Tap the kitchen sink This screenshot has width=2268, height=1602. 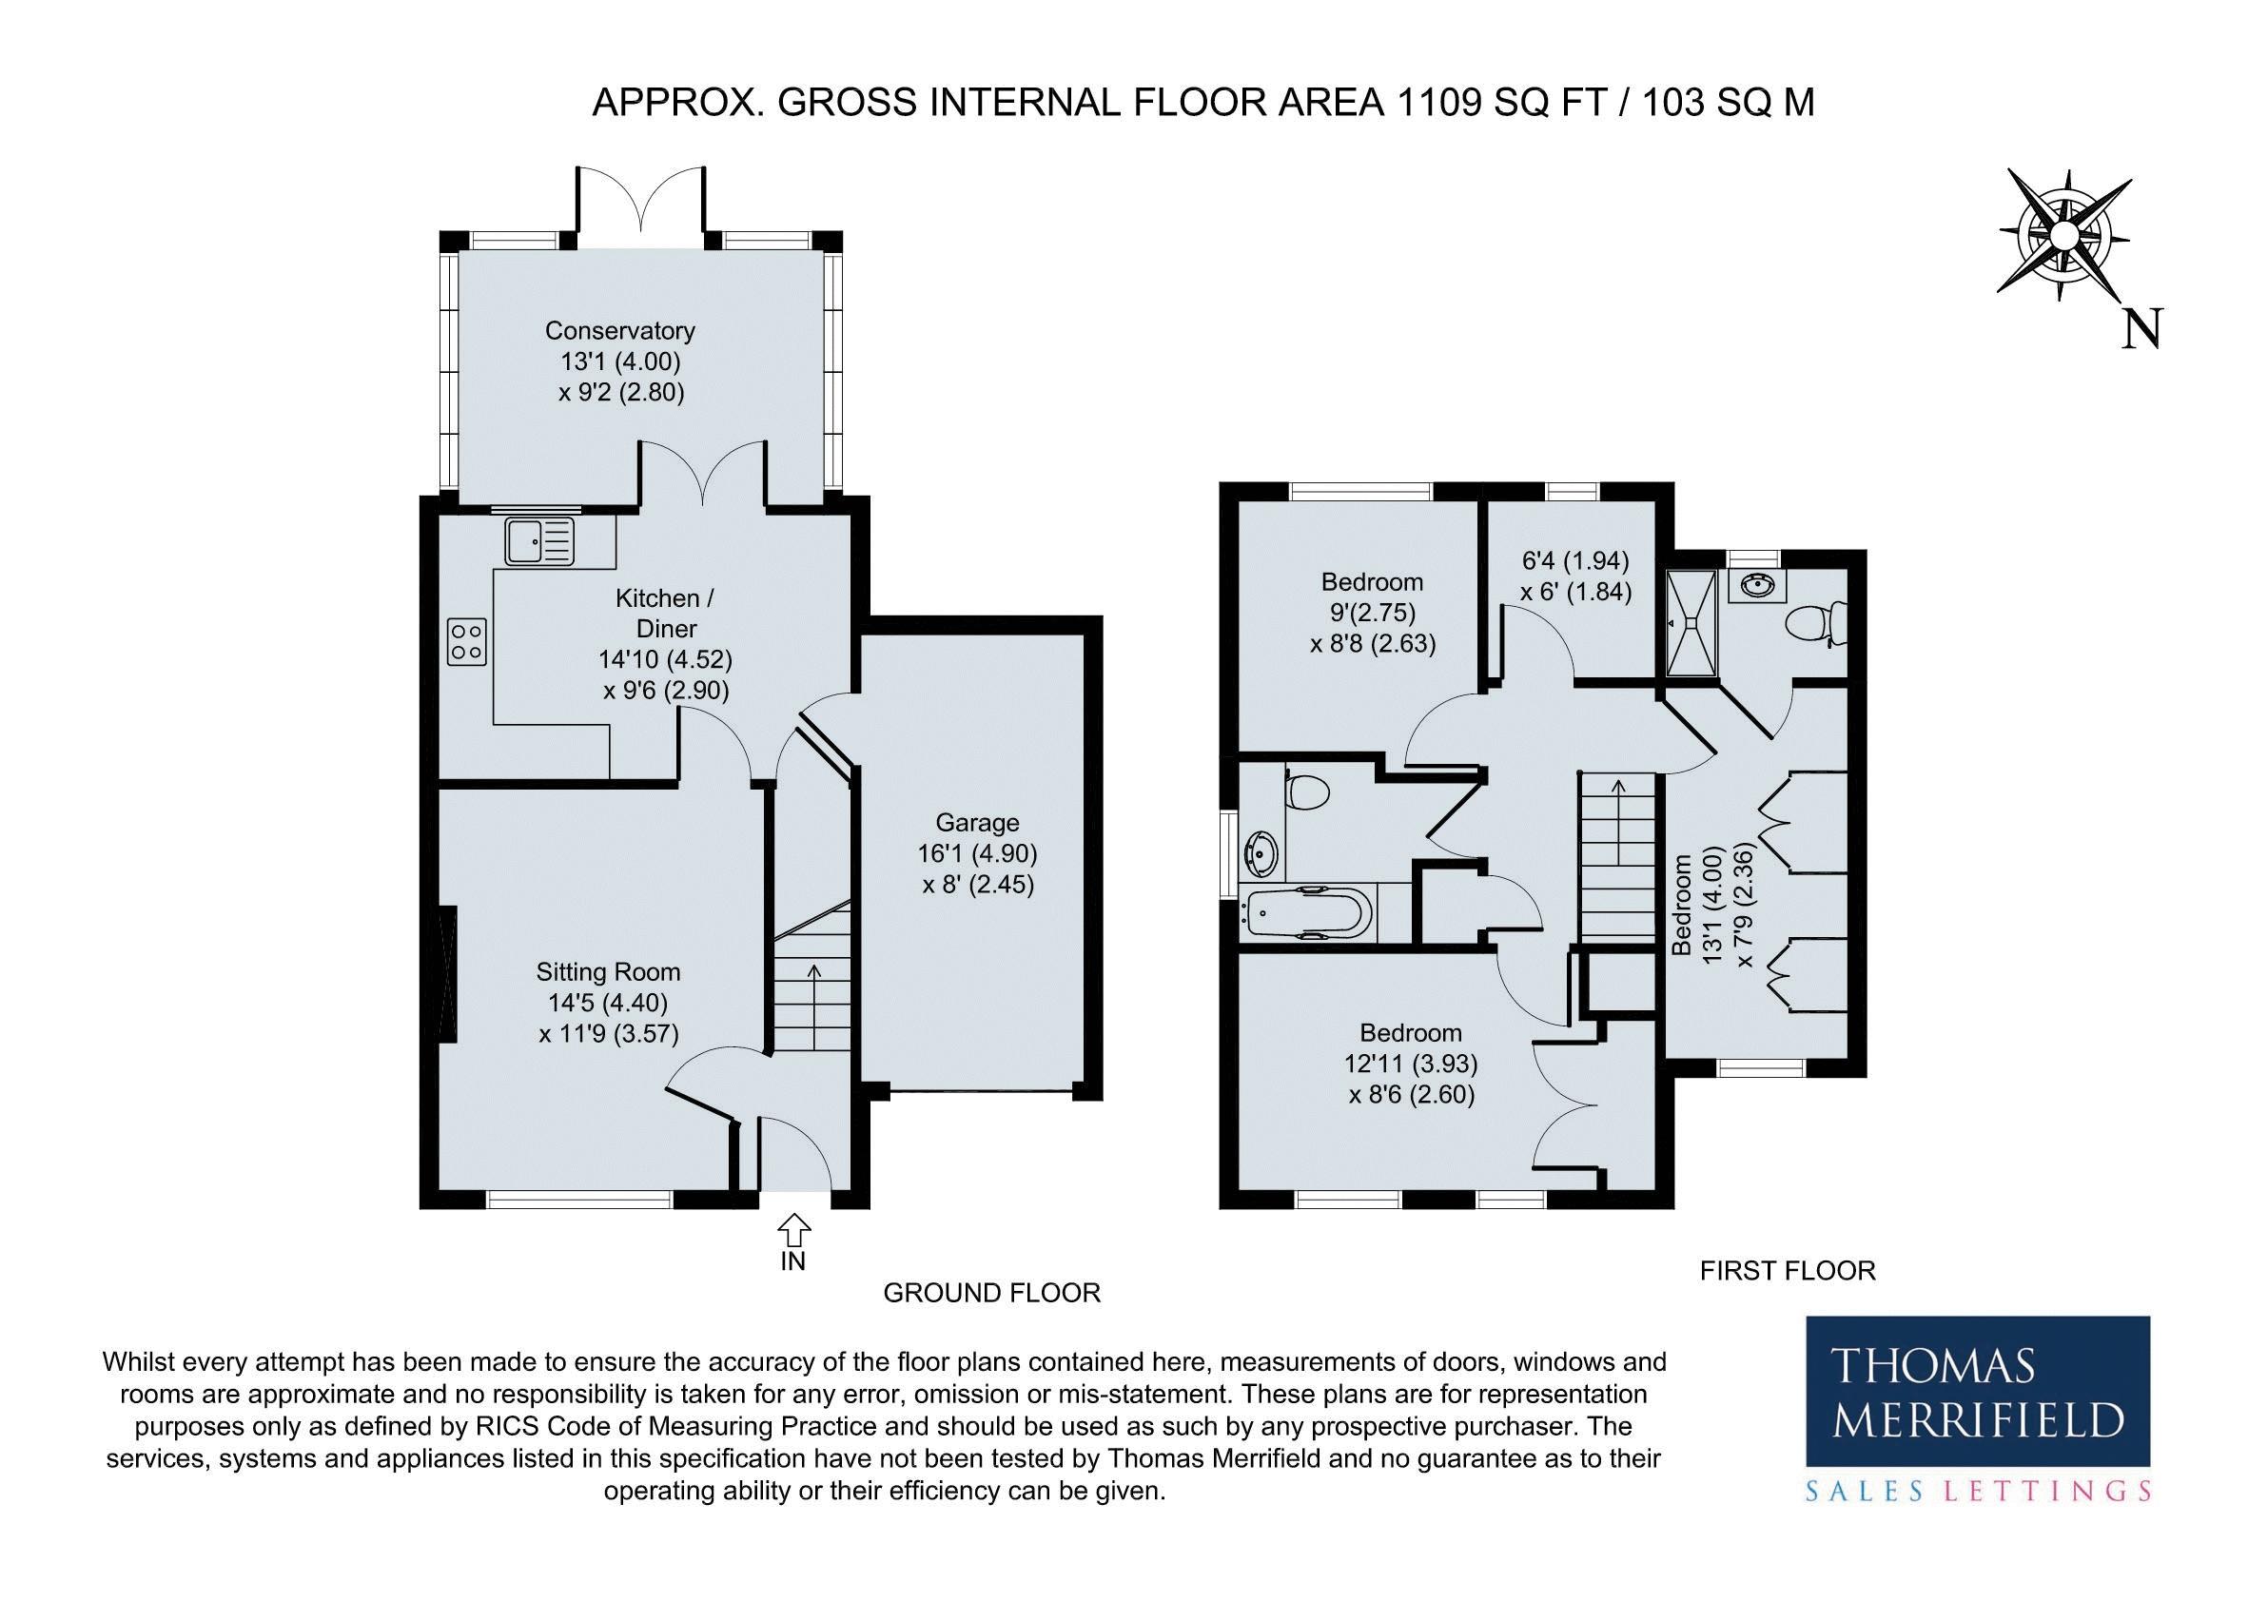[539, 540]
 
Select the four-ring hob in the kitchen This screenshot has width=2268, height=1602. [466, 641]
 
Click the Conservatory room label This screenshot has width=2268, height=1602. [620, 330]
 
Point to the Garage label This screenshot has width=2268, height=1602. [977, 823]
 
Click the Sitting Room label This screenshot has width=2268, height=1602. [609, 972]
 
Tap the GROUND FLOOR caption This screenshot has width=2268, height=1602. [990, 1293]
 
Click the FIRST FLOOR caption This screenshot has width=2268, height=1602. [1787, 1270]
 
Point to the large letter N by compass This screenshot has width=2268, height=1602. [2141, 329]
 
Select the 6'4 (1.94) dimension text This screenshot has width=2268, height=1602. [1574, 561]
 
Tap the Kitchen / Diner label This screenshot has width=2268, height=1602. [666, 613]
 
